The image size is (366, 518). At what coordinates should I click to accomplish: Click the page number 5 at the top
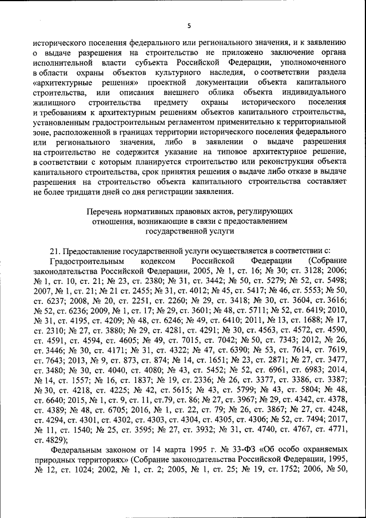(x=189, y=26)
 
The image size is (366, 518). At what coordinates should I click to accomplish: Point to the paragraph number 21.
(x=55, y=250)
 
